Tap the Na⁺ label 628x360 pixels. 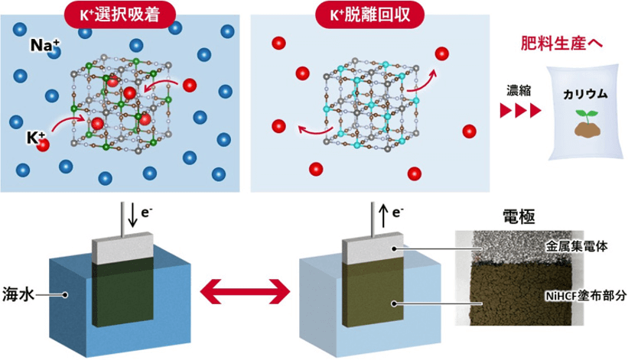tap(44, 47)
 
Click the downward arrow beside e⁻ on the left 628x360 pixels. tap(132, 213)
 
